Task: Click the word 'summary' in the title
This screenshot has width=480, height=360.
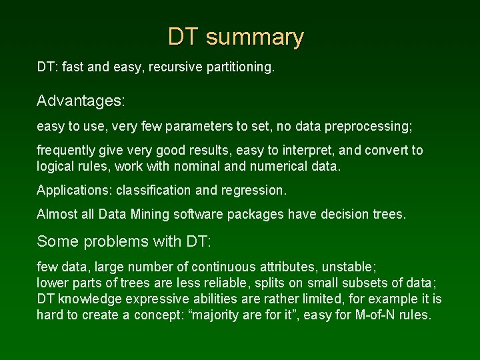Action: click(255, 37)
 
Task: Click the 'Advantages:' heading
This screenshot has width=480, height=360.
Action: click(81, 101)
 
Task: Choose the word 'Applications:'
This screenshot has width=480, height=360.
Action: click(75, 191)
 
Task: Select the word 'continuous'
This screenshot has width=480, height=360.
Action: click(222, 267)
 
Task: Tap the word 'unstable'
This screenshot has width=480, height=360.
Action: click(351, 267)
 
